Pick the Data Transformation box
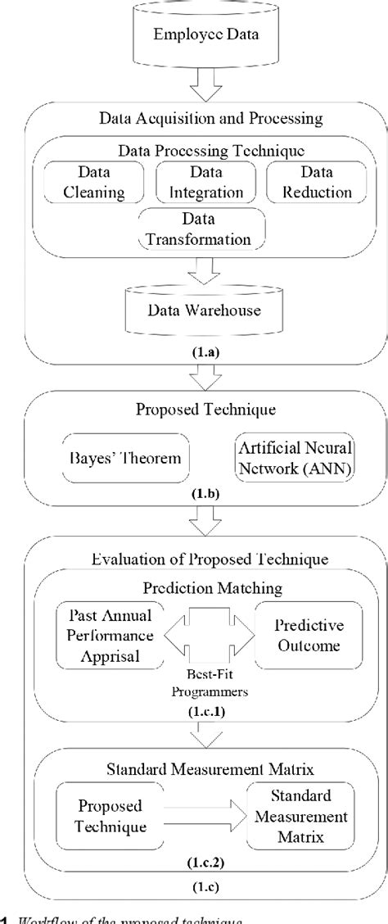205,230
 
